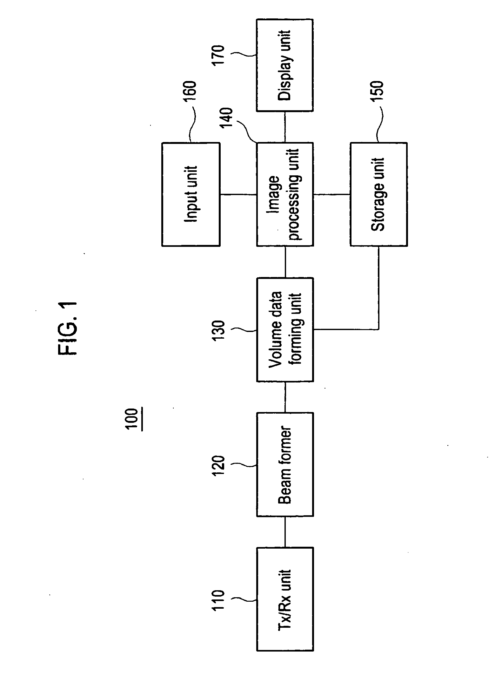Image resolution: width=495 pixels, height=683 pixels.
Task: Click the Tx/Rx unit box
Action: [x=285, y=598]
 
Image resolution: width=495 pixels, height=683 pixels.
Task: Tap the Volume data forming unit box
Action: [x=285, y=329]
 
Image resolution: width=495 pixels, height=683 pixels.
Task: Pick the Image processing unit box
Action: [x=285, y=194]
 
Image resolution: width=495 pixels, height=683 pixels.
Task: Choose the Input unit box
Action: [x=191, y=194]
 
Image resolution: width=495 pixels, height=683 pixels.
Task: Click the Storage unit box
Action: [x=378, y=194]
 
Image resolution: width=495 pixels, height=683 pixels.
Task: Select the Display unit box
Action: [x=285, y=65]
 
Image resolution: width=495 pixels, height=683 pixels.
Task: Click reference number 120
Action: [x=218, y=465]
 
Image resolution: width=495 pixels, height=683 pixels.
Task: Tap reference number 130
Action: [x=218, y=331]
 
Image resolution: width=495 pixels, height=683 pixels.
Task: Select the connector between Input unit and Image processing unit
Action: [x=238, y=194]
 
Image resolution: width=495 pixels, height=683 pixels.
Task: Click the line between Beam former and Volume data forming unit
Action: [x=285, y=397]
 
